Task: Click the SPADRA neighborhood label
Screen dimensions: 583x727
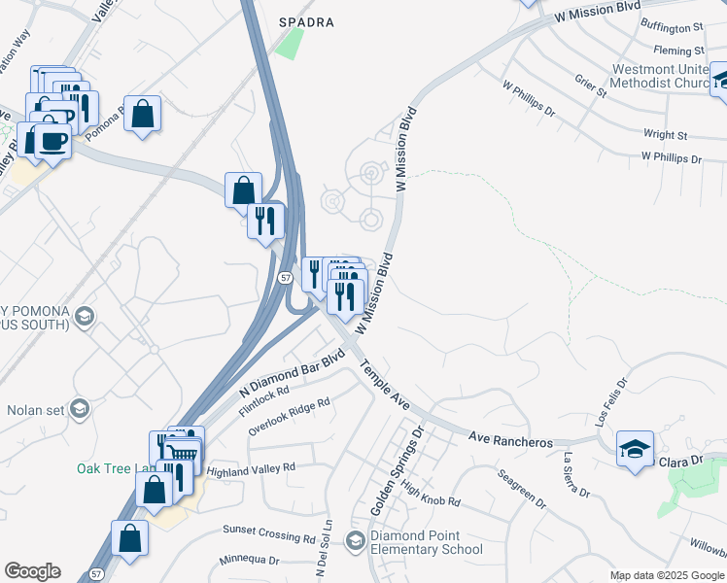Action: [307, 21]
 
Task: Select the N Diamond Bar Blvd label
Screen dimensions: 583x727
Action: [293, 373]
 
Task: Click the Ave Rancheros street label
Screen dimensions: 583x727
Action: [509, 439]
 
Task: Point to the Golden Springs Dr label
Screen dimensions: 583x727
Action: [398, 469]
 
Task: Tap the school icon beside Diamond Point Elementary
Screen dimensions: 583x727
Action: [356, 541]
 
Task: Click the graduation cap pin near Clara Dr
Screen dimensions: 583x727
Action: [635, 449]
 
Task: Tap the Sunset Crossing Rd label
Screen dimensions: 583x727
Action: [269, 533]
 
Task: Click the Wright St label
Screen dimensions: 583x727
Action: [665, 135]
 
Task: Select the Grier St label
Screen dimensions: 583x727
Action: [590, 86]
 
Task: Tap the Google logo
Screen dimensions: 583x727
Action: [32, 571]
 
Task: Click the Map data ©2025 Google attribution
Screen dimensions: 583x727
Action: [667, 575]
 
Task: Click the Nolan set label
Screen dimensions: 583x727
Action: [36, 409]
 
